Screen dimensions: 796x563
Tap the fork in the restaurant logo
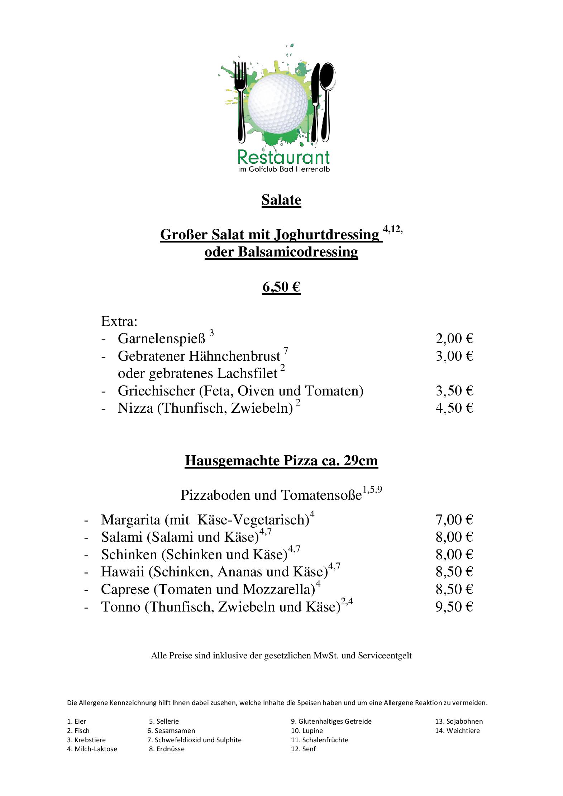[240, 100]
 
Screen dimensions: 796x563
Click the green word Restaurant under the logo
[283, 157]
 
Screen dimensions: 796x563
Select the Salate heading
[281, 200]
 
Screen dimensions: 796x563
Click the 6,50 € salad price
[281, 287]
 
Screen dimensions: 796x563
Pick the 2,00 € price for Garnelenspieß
[454, 339]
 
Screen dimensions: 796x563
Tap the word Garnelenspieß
[162, 339]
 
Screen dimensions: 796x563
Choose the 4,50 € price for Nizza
[454, 408]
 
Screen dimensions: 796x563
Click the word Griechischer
[156, 391]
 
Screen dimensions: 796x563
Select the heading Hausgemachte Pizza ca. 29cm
[281, 460]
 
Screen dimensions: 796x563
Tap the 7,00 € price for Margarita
[454, 519]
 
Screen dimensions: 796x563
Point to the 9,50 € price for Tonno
[454, 606]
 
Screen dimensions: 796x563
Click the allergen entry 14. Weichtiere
[457, 731]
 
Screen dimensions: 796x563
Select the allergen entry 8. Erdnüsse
[167, 749]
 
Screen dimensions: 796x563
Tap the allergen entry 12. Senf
[303, 749]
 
